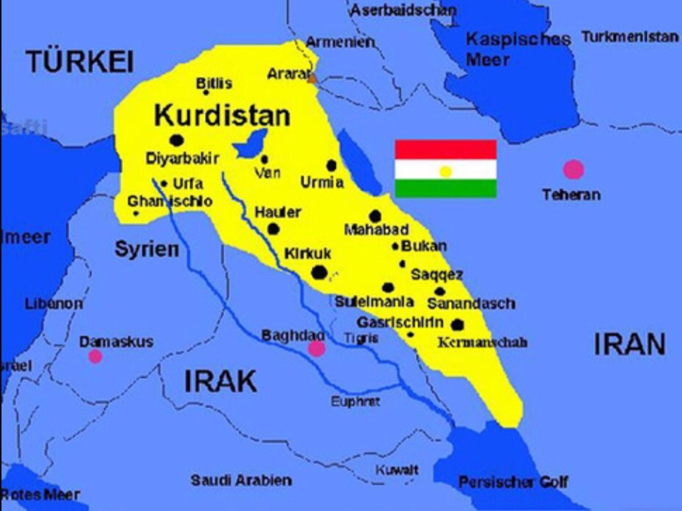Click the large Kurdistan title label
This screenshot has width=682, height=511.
point(222,115)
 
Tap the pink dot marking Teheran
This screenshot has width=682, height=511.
point(573,169)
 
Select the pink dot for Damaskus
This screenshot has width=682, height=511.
point(95,356)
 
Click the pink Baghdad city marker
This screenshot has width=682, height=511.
point(317,349)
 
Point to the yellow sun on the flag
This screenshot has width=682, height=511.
point(446,172)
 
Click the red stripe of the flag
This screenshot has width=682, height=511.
point(446,150)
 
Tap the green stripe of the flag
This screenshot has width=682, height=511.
point(446,188)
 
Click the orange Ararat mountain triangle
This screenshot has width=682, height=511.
point(313,79)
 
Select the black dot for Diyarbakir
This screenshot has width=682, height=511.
point(177,140)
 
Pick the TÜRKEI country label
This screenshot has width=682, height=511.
point(80,62)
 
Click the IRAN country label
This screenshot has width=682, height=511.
point(629,344)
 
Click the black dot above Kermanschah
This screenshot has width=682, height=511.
point(457,324)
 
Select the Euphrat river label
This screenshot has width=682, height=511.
point(355,401)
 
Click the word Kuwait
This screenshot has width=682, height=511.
point(397,470)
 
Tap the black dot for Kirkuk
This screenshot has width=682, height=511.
point(319,273)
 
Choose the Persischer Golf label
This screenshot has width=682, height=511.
point(513,482)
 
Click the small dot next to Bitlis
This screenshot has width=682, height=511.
point(206,92)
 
